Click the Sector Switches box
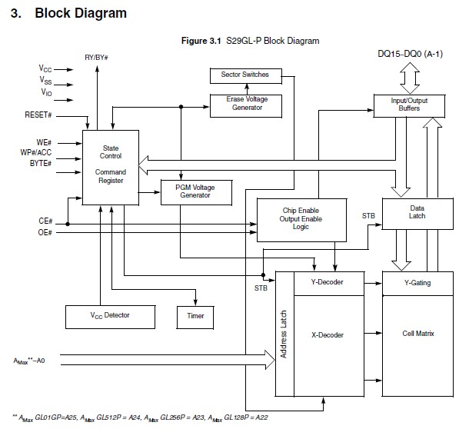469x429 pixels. click(x=244, y=75)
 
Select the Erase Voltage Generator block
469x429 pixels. click(x=244, y=104)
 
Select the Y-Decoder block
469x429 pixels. click(x=327, y=282)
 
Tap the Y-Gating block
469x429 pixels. click(x=417, y=282)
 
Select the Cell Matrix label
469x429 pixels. click(x=417, y=334)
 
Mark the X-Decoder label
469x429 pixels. click(x=327, y=335)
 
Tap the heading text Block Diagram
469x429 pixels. click(x=81, y=13)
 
